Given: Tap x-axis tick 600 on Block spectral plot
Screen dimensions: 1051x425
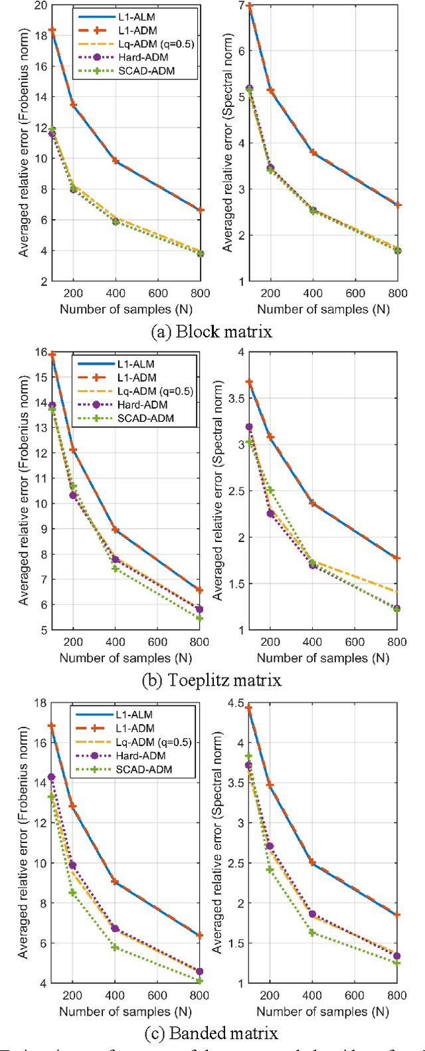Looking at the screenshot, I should [x=355, y=294].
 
